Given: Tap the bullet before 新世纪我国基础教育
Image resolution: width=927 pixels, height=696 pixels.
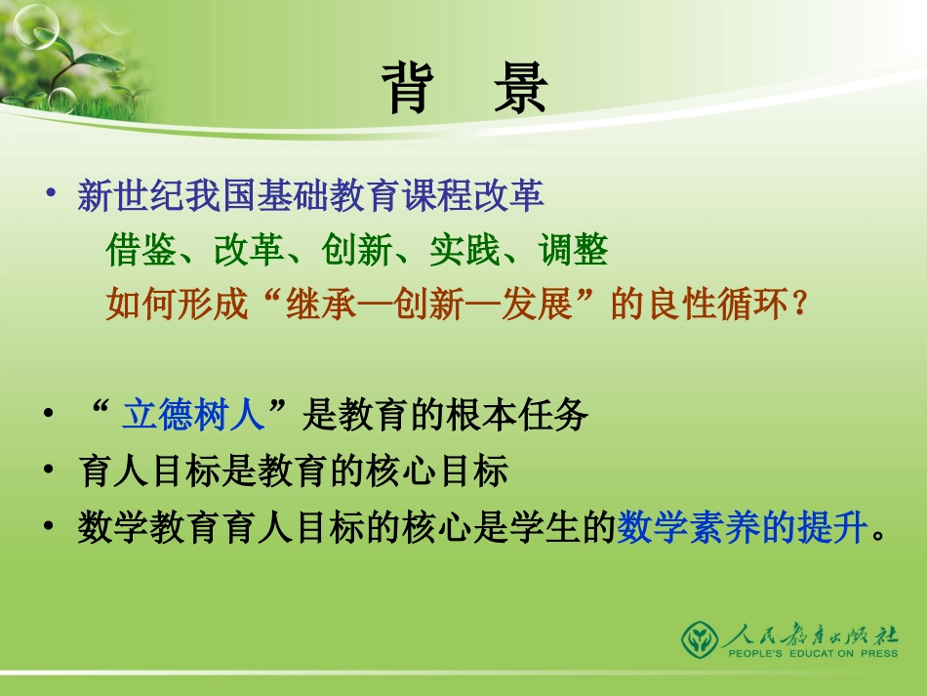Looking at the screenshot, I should click(x=53, y=192).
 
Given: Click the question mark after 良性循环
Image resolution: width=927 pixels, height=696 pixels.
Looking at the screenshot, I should click(x=799, y=307).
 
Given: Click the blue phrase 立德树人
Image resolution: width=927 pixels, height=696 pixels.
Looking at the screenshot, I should click(x=192, y=417).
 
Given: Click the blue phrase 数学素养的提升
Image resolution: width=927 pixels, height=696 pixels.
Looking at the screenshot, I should click(x=742, y=529).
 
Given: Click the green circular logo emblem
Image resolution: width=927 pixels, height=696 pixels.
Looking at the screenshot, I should click(x=699, y=639).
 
